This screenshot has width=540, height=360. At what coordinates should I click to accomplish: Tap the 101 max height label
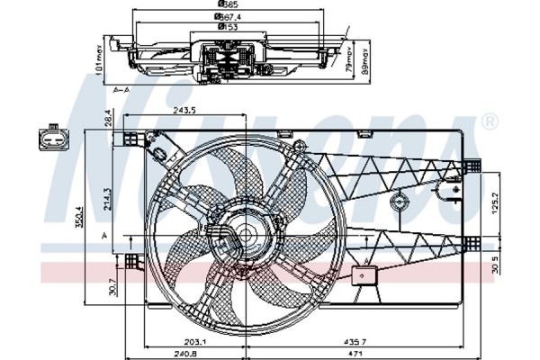(98, 65)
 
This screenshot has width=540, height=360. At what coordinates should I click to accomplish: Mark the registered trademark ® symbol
(490, 120)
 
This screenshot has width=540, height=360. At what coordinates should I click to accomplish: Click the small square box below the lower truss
(365, 277)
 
